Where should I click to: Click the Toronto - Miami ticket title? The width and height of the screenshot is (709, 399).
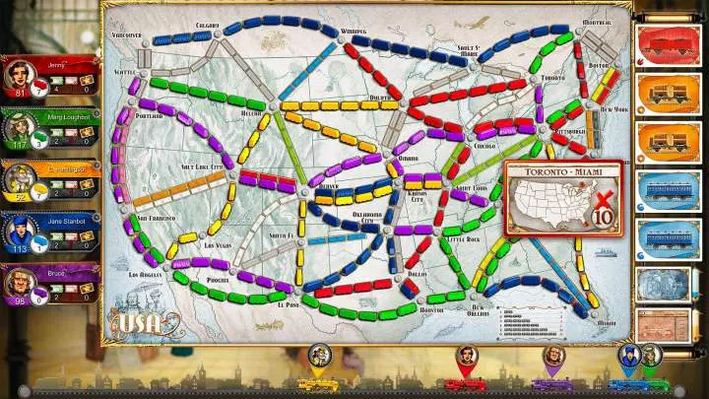coord(564,169)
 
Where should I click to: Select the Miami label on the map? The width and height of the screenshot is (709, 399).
coord(607,322)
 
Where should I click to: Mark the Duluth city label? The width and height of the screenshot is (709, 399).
coord(380,98)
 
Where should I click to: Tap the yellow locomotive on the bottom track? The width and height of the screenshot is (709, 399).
coord(318,383)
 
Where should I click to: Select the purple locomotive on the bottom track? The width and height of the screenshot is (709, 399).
coord(552,383)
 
